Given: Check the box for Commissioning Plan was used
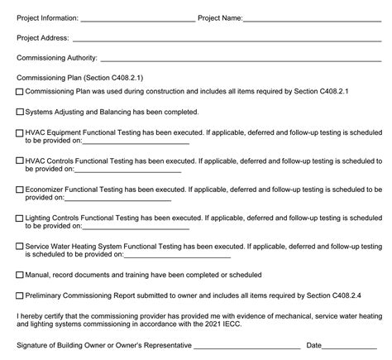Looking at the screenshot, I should (20, 92).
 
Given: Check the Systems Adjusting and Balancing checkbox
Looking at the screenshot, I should (20, 112).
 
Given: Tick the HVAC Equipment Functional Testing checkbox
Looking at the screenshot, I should (20, 132).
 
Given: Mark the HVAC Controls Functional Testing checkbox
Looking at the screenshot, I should (20, 161).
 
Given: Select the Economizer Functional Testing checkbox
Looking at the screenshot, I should (20, 190).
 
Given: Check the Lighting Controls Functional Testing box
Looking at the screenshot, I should (20, 218).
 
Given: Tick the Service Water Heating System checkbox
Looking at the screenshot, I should (20, 247).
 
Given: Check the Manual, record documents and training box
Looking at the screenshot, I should (20, 276).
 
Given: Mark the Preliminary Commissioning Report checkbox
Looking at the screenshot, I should (20, 295).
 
